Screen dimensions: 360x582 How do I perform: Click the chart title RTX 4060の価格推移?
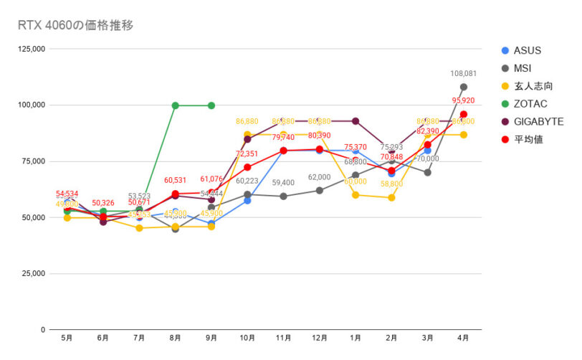click(x=75, y=25)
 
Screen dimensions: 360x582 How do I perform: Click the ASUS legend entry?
click(x=527, y=50)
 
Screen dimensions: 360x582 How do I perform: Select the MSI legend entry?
click(x=522, y=68)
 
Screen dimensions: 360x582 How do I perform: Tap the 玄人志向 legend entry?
click(x=529, y=86)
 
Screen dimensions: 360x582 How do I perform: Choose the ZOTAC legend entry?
click(x=528, y=104)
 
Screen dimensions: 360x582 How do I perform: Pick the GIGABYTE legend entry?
click(x=538, y=122)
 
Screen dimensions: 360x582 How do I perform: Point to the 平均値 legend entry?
click(x=527, y=139)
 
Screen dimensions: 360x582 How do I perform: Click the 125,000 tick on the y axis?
click(x=32, y=49)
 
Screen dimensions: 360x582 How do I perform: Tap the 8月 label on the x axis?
click(x=175, y=338)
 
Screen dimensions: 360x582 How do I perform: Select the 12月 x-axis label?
click(x=319, y=338)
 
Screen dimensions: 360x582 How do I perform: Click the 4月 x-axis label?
click(x=463, y=338)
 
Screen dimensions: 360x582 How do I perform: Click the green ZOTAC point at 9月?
click(x=211, y=105)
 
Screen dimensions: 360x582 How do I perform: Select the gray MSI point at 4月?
click(x=464, y=87)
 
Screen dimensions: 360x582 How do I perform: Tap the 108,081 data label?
click(x=464, y=74)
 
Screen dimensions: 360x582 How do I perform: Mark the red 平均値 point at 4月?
click(x=464, y=115)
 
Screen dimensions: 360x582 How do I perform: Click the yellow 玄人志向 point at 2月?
click(x=391, y=198)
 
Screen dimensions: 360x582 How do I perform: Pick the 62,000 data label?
click(x=320, y=177)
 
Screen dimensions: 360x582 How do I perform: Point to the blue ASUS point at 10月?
click(x=247, y=201)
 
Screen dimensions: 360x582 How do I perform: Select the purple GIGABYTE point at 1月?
click(x=356, y=121)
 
